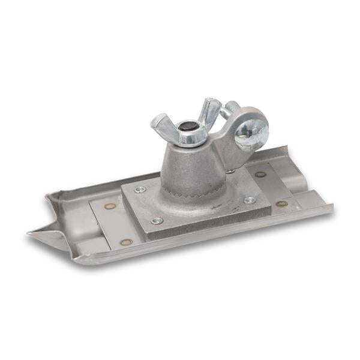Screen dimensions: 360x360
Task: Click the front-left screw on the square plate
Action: (157, 220)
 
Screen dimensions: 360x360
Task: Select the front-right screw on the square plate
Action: (250, 200)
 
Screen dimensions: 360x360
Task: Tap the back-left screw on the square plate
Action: (140, 190)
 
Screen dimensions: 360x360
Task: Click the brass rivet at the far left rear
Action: (110, 206)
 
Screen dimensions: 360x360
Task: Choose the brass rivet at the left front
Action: (126, 242)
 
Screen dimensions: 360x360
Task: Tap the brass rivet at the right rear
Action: (260, 175)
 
